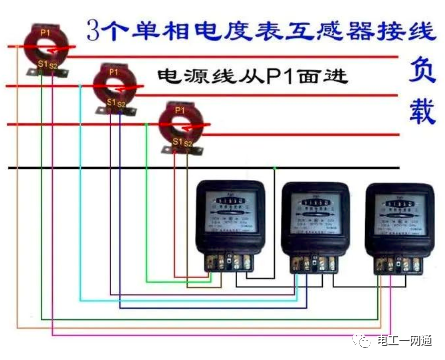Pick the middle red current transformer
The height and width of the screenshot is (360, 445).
tap(113, 87)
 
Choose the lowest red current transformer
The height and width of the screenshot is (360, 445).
tap(180, 123)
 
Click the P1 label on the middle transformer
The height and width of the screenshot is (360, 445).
tap(112, 72)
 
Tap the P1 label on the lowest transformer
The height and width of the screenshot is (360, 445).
tap(179, 109)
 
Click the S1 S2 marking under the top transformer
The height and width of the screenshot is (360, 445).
tap(46, 65)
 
